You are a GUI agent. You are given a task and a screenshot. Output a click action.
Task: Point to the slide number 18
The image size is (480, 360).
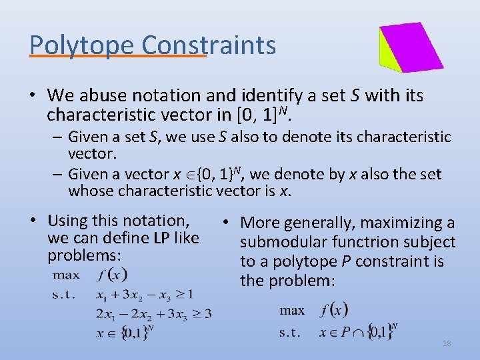447,343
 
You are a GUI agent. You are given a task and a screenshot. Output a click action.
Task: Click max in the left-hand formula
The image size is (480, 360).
66,274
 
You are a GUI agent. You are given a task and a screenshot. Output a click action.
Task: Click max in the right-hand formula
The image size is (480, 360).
292,310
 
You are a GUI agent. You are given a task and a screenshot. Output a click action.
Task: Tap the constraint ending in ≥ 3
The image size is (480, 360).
153,313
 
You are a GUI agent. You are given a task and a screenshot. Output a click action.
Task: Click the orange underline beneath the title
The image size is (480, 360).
119,57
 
